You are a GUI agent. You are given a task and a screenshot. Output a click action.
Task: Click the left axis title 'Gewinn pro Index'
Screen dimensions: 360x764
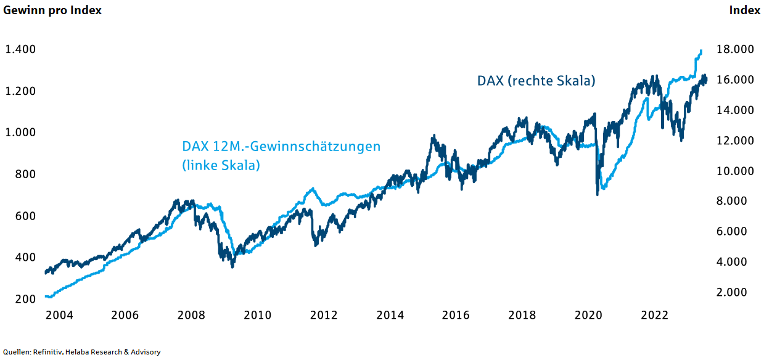[x=52, y=10]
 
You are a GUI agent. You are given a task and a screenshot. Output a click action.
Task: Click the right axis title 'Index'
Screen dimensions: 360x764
[x=744, y=10]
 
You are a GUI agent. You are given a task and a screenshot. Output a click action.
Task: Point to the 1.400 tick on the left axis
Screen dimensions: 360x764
[x=20, y=49]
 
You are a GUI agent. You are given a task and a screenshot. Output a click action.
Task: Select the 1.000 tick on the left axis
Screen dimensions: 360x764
[x=20, y=133]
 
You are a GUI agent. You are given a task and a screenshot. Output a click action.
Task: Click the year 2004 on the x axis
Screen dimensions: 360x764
[x=59, y=315]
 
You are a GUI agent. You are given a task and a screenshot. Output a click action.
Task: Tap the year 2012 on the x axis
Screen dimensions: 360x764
[x=324, y=315]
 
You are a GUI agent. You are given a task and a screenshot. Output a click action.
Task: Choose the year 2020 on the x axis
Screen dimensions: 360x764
[x=588, y=315]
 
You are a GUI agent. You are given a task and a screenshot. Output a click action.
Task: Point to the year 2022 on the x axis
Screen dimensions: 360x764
[x=654, y=315]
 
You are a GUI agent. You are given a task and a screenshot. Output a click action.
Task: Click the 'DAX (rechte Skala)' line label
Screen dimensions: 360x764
[x=536, y=81]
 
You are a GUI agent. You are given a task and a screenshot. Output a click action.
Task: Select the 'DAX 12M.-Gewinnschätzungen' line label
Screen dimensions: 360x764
[x=281, y=147]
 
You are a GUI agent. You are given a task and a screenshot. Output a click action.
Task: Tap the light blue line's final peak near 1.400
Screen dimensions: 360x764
[x=701, y=51]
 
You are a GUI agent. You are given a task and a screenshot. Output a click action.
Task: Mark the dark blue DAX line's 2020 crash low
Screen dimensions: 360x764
[x=597, y=194]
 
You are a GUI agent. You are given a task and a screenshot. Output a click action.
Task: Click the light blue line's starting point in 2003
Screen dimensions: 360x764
[x=47, y=297]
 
